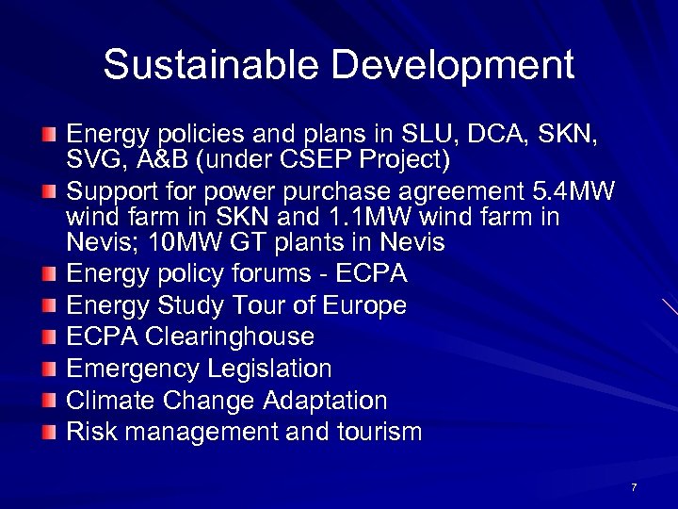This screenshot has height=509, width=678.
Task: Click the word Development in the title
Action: click(453, 66)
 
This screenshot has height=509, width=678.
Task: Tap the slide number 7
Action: click(634, 486)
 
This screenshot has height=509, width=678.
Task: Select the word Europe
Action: click(364, 305)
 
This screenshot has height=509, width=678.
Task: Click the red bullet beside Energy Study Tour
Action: click(50, 306)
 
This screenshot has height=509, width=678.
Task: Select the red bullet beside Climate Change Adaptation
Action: click(50, 402)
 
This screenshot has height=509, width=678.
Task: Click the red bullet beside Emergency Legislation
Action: click(50, 369)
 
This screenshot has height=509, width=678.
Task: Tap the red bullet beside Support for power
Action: click(50, 193)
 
